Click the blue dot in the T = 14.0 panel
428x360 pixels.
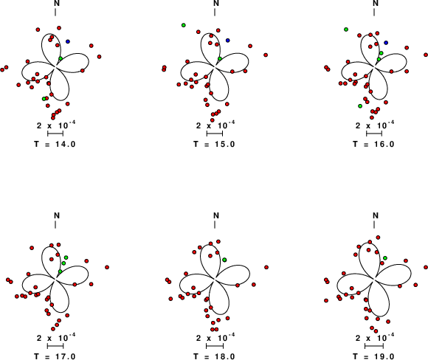(68, 41)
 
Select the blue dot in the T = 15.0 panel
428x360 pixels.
(227, 41)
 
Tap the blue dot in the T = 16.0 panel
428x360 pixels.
(386, 43)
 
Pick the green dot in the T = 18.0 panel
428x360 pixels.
(224, 260)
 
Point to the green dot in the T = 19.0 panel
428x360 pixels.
(385, 258)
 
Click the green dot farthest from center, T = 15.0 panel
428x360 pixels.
(184, 25)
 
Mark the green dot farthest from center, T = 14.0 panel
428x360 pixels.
(44, 99)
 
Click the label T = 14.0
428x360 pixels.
(55, 144)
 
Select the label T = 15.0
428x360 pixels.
(214, 144)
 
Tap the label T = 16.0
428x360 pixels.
(373, 144)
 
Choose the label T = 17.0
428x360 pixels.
(55, 356)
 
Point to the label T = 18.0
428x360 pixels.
(214, 356)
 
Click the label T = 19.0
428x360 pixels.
(373, 356)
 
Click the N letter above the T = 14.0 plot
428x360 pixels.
(57, 3)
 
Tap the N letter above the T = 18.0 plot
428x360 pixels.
(216, 215)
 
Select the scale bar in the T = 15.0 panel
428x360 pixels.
(215, 134)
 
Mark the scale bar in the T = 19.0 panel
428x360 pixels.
(374, 346)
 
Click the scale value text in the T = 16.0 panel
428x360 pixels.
(375, 125)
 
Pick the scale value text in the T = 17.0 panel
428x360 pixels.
(56, 338)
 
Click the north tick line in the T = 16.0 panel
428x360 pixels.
(374, 13)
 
